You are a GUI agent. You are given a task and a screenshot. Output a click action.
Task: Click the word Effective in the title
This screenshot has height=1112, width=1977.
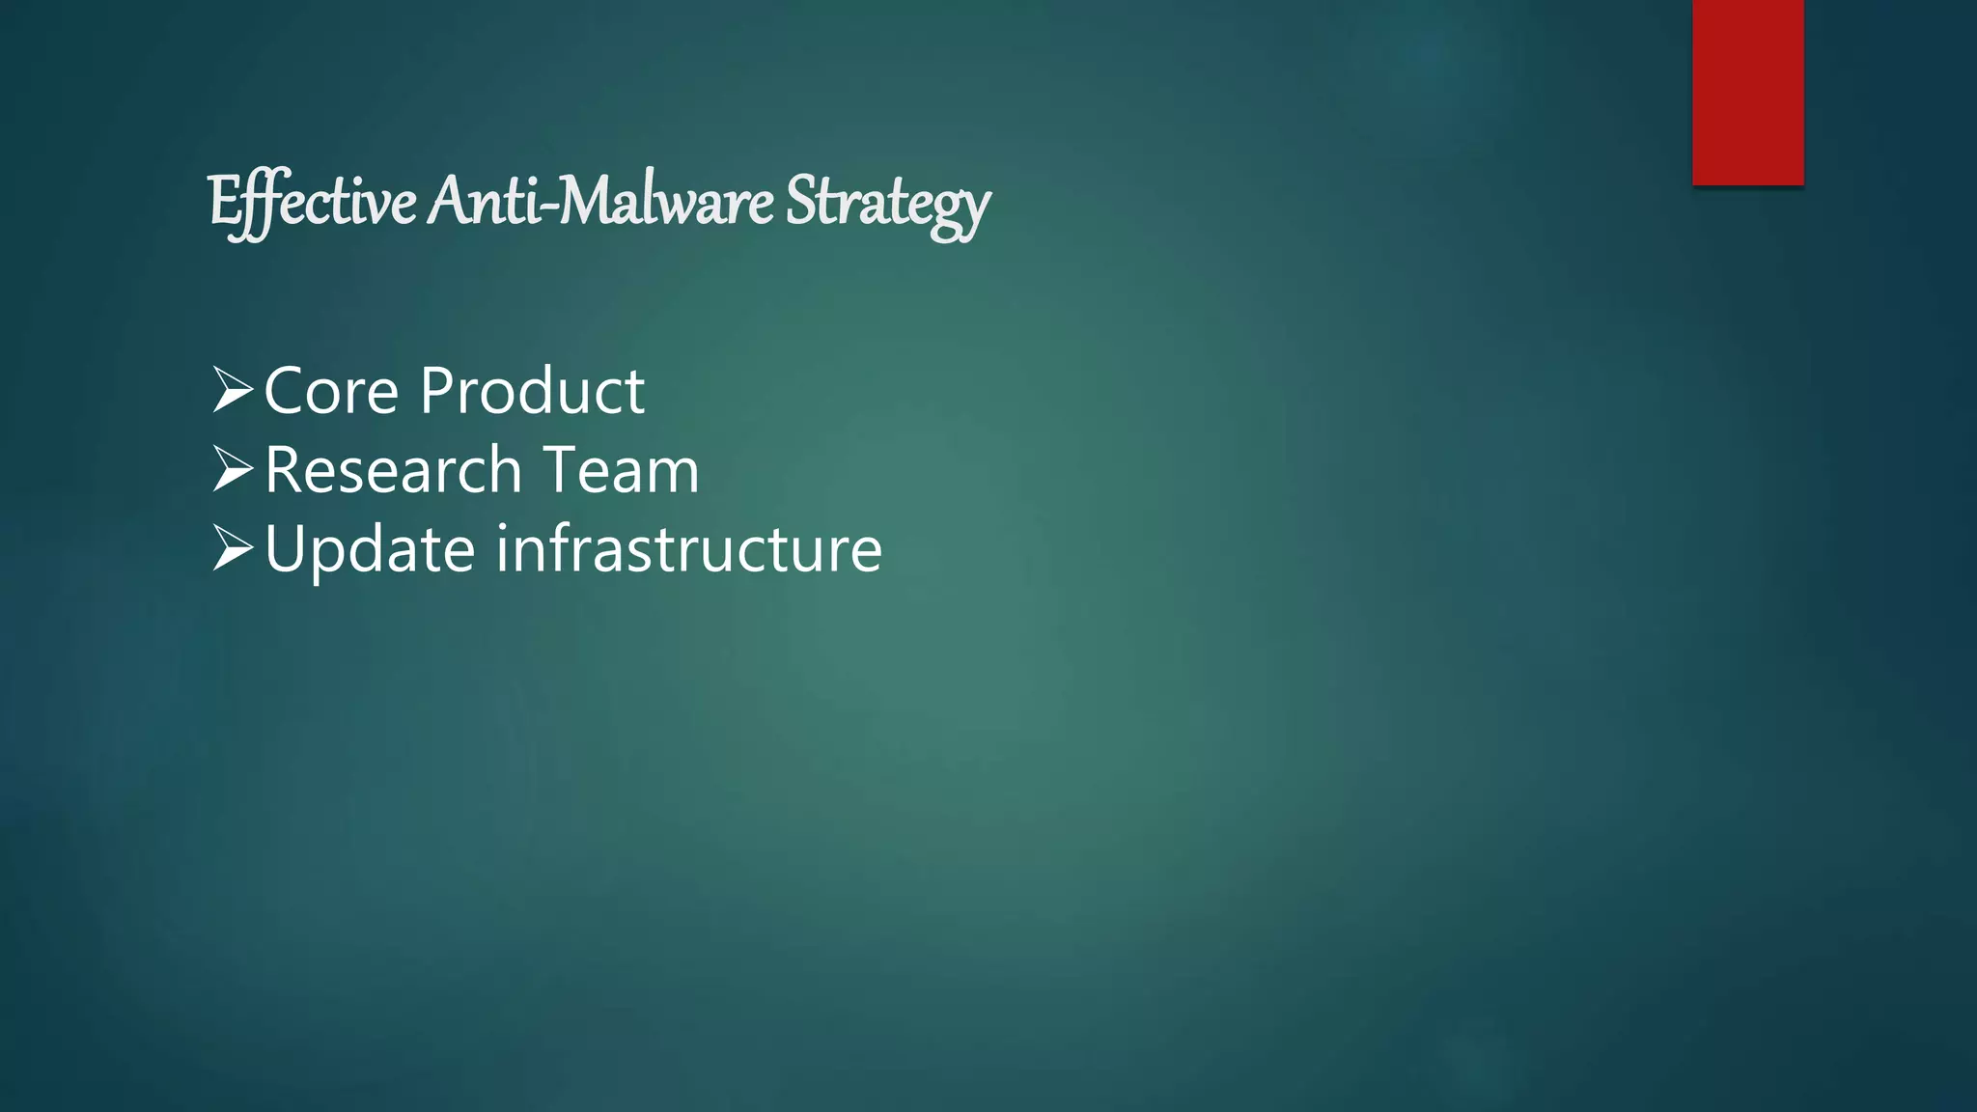point(312,202)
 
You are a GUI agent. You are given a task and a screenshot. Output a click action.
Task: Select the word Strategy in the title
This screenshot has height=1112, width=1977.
point(887,203)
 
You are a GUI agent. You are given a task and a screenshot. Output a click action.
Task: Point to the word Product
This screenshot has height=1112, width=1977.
point(532,391)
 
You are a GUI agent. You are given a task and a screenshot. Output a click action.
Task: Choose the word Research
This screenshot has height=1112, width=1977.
point(393,470)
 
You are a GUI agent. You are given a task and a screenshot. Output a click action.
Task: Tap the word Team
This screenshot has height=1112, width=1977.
point(622,470)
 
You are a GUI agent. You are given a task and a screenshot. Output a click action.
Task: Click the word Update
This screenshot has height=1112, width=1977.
point(370,550)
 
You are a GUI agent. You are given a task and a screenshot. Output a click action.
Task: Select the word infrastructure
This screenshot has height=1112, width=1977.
point(689,548)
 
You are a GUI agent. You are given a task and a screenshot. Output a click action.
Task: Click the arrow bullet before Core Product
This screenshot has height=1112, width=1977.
point(232,390)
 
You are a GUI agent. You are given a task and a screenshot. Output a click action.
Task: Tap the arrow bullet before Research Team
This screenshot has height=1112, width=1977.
point(232,469)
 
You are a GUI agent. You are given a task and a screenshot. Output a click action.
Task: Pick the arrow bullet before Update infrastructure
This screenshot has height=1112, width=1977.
point(232,548)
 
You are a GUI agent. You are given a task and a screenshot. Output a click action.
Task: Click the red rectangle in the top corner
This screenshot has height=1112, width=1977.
point(1747,92)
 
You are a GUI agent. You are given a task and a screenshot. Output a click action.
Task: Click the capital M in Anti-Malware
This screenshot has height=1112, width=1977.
point(586,201)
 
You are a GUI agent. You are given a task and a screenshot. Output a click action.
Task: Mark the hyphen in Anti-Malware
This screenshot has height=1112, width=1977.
point(551,207)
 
